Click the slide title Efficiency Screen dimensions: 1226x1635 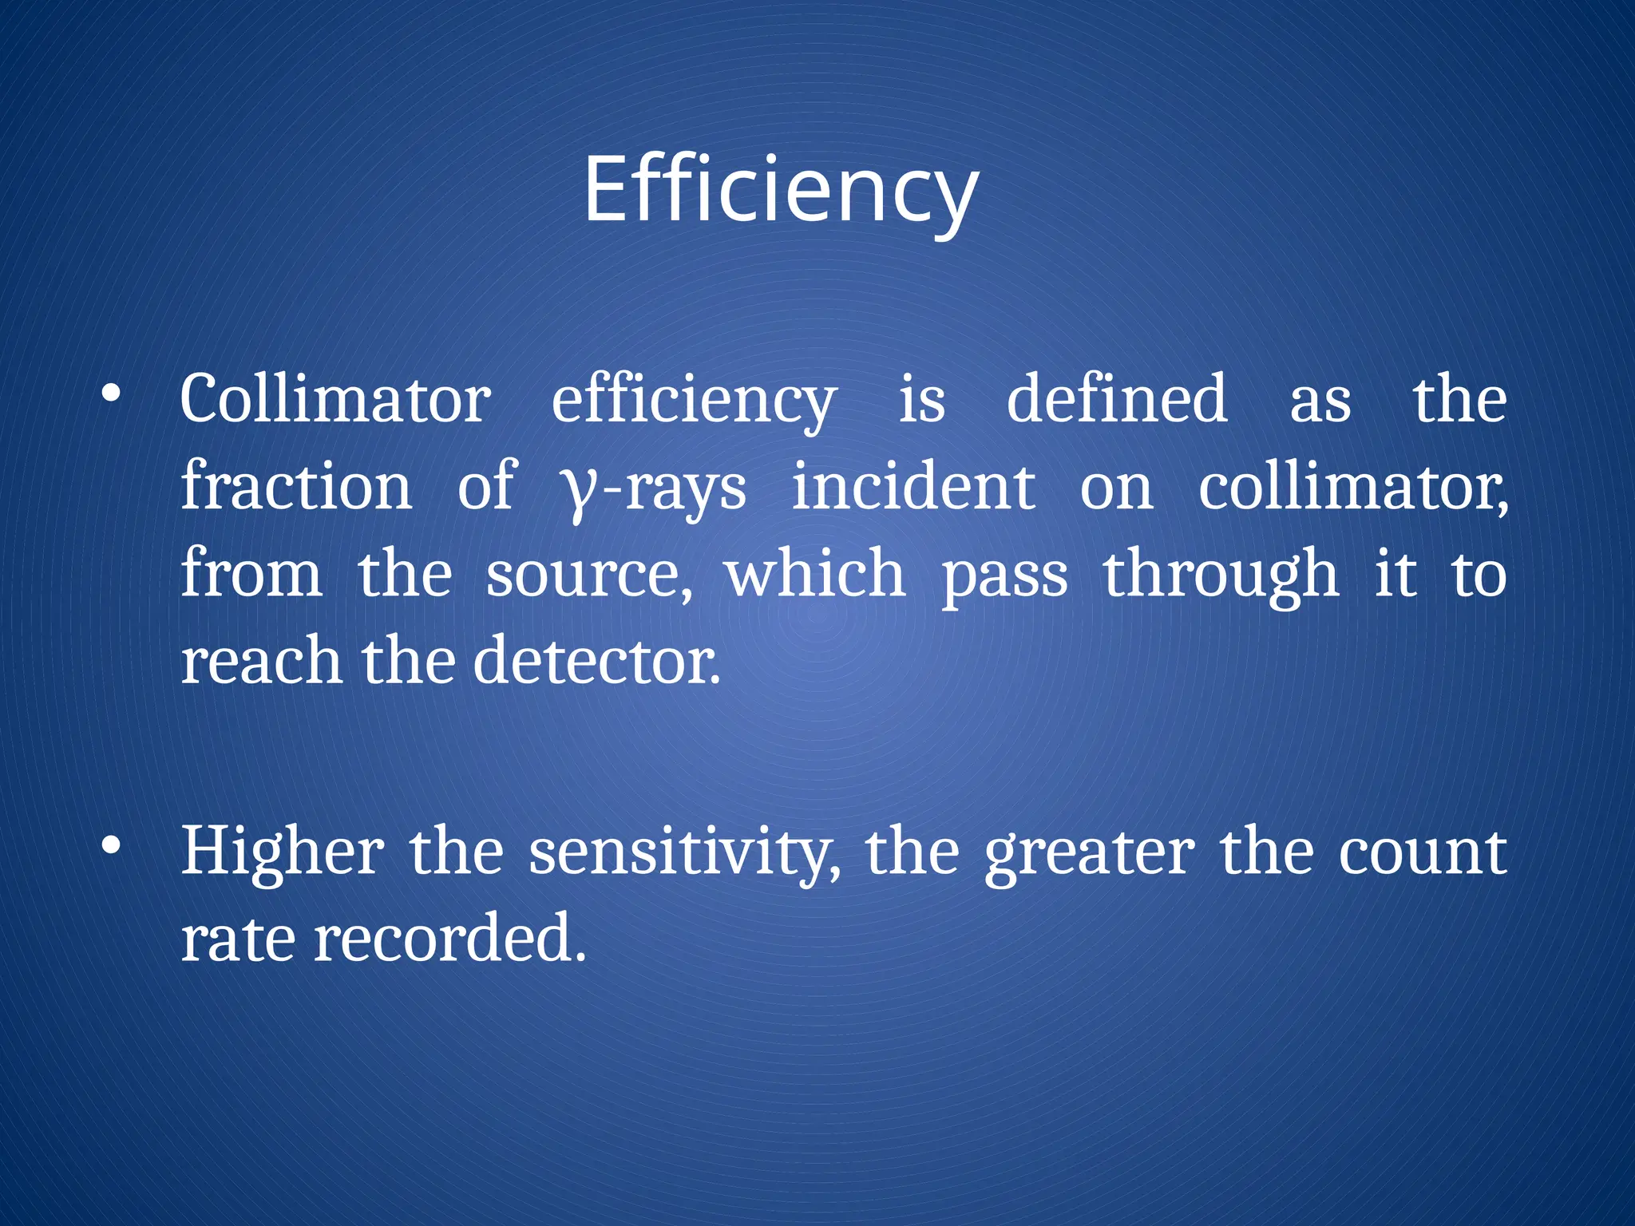(780, 192)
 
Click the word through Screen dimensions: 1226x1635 (1221, 575)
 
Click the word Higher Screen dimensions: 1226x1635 (282, 852)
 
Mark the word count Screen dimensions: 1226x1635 (1422, 853)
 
